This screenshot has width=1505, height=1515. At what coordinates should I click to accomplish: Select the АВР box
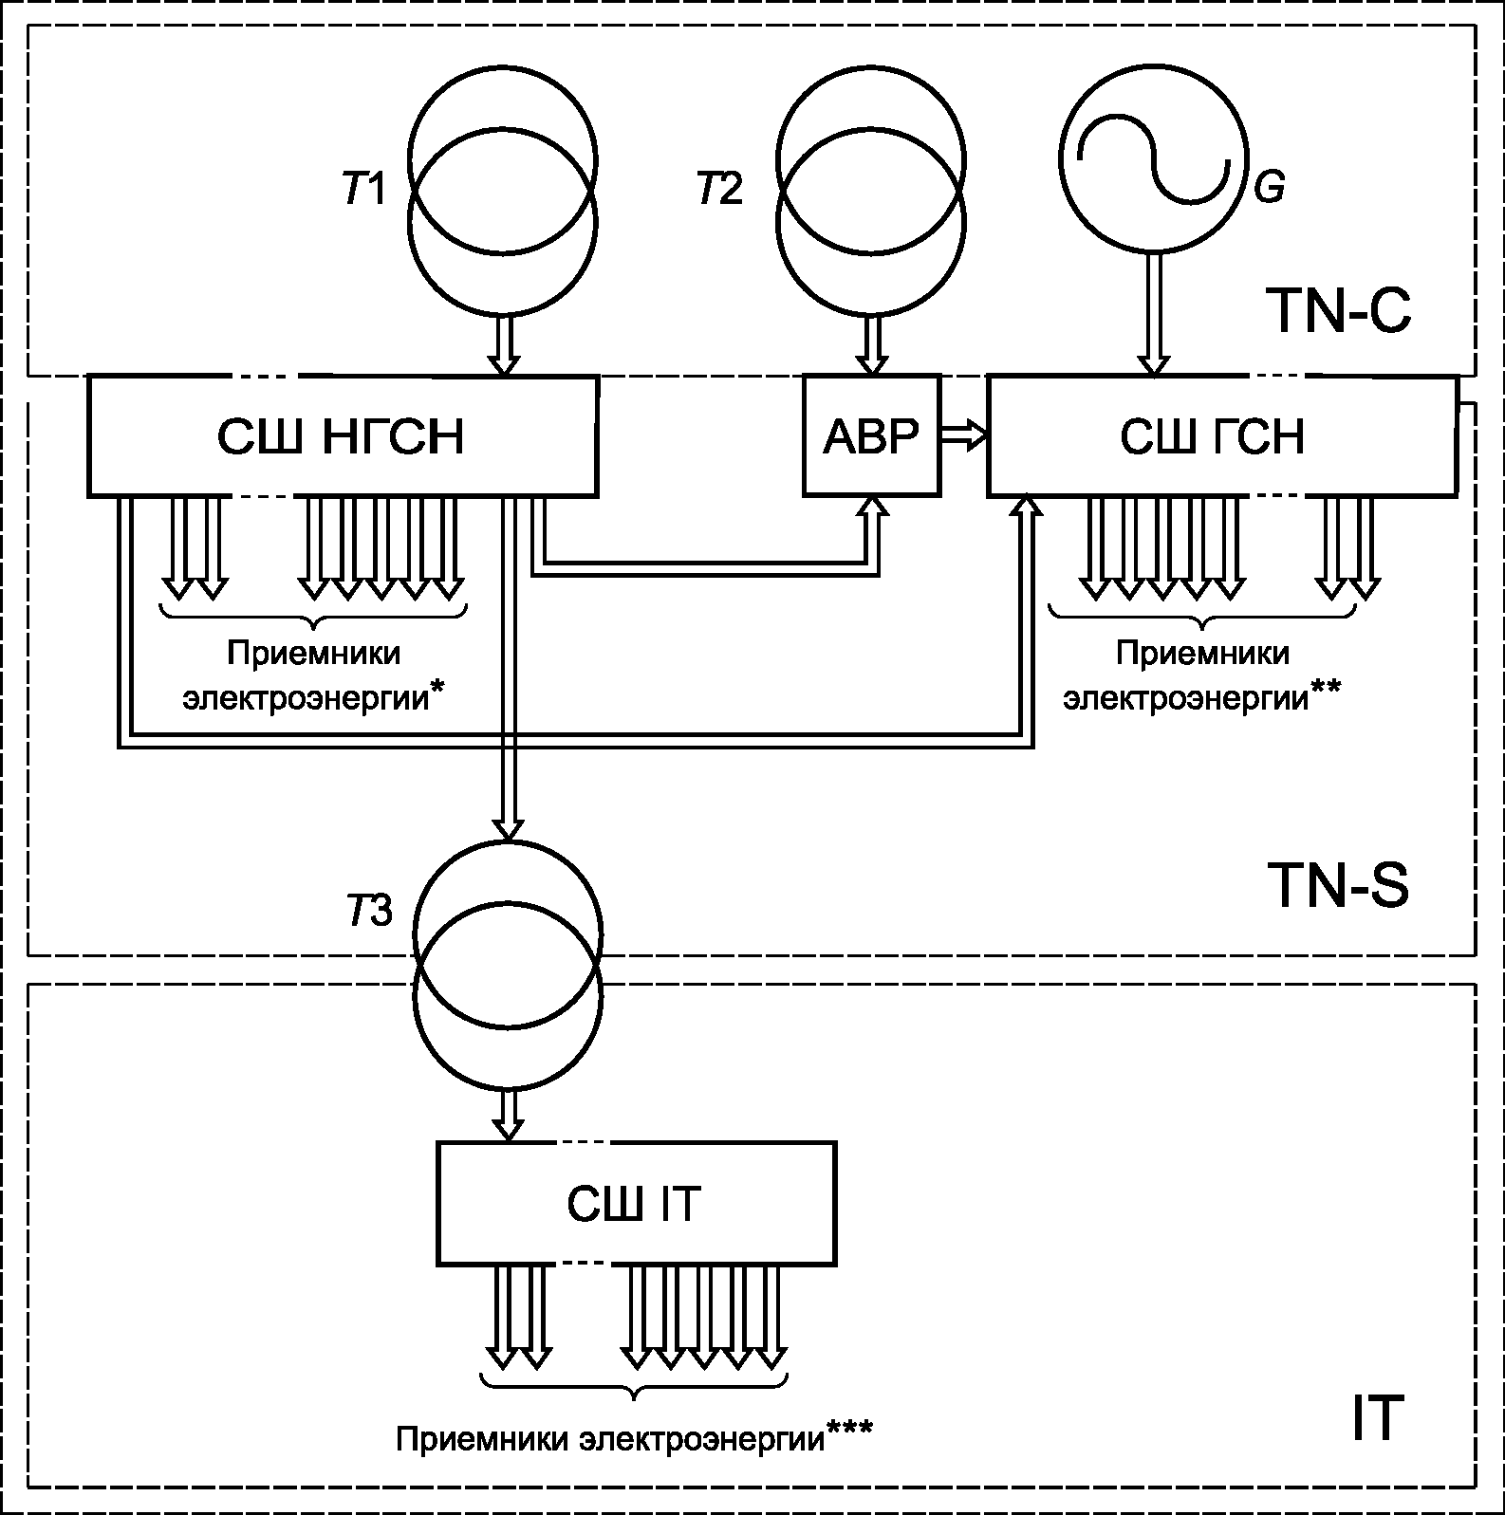(x=872, y=435)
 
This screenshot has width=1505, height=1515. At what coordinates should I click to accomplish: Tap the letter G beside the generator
(x=1269, y=187)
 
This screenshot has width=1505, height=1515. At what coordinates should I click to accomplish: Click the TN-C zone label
(x=1338, y=310)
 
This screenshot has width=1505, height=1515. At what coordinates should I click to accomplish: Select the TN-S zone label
(x=1338, y=885)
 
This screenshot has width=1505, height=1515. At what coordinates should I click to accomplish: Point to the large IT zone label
(x=1376, y=1418)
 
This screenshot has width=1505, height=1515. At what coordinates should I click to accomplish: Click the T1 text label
(x=364, y=190)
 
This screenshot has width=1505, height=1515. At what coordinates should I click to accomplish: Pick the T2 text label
(x=720, y=190)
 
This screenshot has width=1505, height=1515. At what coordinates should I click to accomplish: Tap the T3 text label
(x=369, y=911)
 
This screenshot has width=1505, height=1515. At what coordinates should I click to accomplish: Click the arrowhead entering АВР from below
(x=872, y=507)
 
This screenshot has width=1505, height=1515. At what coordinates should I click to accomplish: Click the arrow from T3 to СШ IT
(x=509, y=1115)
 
